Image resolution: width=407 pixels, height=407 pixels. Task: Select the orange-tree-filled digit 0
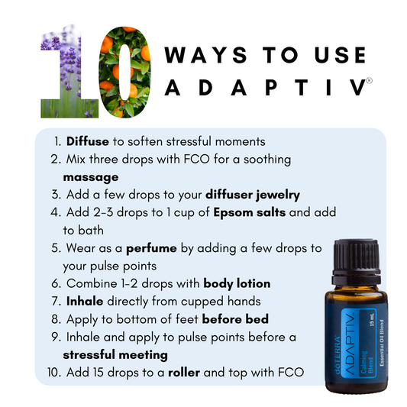[x=125, y=72]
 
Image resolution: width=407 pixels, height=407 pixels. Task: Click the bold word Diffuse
[x=88, y=141]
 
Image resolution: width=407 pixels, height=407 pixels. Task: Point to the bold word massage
[x=91, y=178]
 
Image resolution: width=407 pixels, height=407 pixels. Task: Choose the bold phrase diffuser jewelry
[x=253, y=195]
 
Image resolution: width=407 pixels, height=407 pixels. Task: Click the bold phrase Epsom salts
[x=250, y=212]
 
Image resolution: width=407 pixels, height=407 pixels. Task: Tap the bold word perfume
[x=151, y=248]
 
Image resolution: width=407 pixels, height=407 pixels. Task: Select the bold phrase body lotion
[x=237, y=284]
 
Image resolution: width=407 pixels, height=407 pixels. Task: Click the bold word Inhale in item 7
[x=85, y=301]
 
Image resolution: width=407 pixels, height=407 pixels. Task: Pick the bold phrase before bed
[x=235, y=319]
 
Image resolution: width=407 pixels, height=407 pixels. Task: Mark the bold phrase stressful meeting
[x=115, y=355]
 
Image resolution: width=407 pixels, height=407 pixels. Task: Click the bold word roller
[x=184, y=373]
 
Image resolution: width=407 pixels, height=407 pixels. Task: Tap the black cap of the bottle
[x=356, y=261]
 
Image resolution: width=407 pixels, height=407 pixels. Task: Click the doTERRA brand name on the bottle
[x=338, y=355]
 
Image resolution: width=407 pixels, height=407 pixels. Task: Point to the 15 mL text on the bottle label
[x=372, y=320]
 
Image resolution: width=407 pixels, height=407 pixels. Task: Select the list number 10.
[x=54, y=373]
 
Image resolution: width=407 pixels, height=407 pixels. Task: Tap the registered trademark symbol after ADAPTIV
[x=370, y=80]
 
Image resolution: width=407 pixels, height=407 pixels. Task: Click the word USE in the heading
[x=340, y=55]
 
